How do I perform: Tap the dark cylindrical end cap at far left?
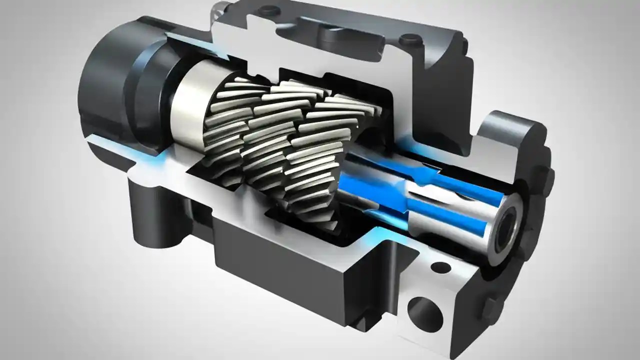(x=102, y=80)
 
